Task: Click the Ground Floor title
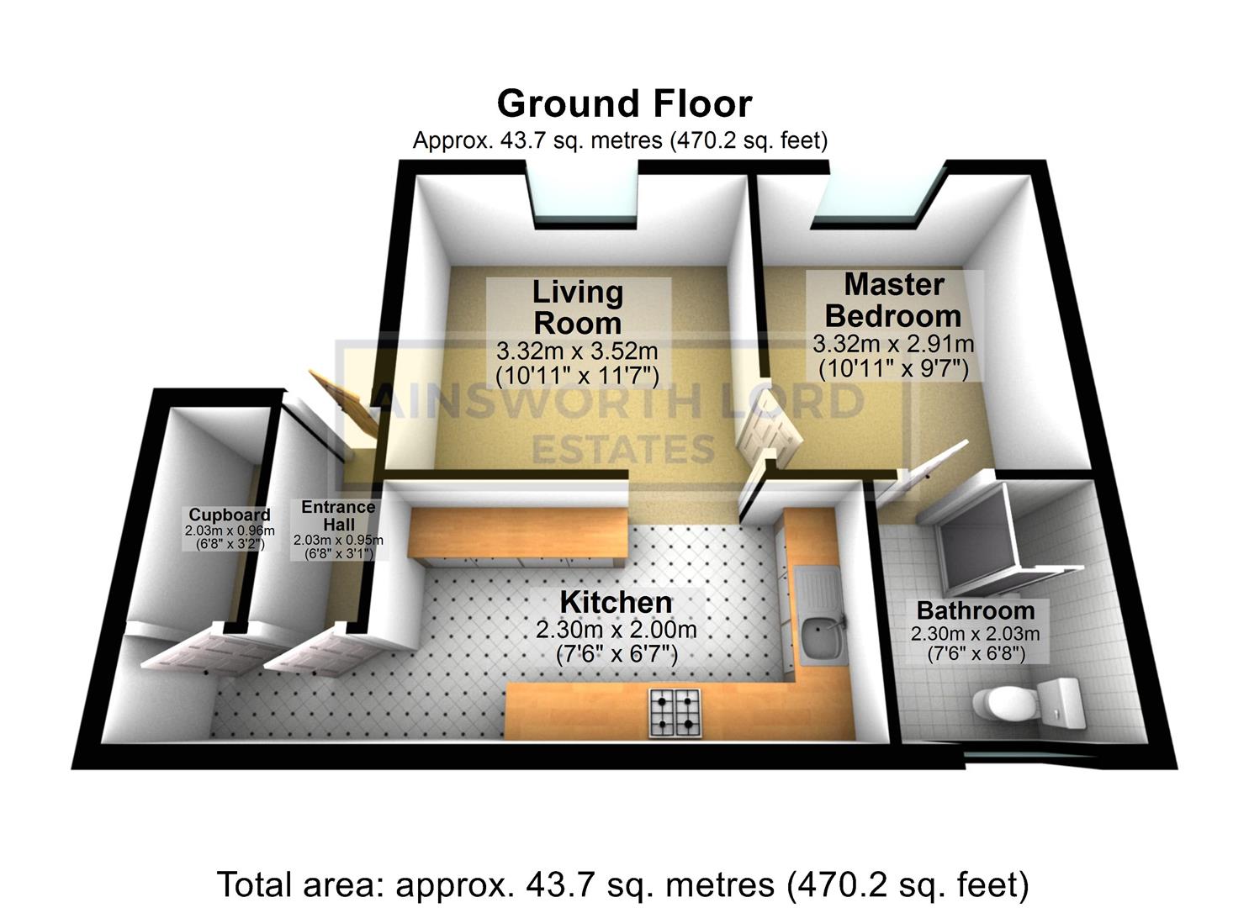coord(623,104)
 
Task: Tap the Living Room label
coord(578,308)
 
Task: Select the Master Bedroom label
coord(893,300)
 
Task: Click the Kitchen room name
coord(616,602)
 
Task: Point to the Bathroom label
coord(975,610)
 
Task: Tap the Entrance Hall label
coord(337,515)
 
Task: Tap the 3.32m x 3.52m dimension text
coord(577,351)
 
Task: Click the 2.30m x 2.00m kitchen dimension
coord(616,630)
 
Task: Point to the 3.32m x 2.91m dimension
coord(893,344)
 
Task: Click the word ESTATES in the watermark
coord(622,450)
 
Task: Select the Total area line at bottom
coord(622,884)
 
